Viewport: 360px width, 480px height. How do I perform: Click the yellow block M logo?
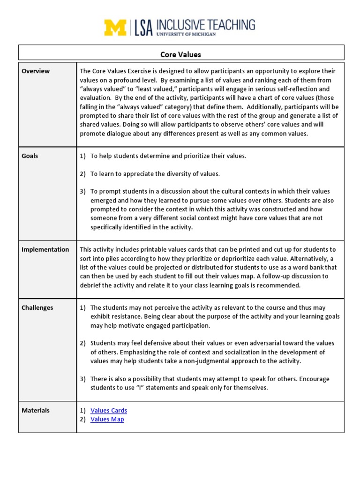pyautogui.click(x=115, y=28)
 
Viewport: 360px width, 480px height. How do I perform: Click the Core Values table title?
pyautogui.click(x=180, y=54)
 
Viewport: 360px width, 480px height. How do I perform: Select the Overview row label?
pyautogui.click(x=36, y=71)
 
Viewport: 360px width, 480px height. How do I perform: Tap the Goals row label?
pyautogui.click(x=30, y=156)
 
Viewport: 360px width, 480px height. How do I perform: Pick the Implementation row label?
pyautogui.click(x=45, y=249)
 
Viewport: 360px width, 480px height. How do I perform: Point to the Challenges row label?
pyautogui.click(x=37, y=307)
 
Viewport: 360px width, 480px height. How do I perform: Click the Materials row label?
pyautogui.click(x=36, y=410)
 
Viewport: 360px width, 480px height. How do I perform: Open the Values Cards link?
pyautogui.click(x=109, y=410)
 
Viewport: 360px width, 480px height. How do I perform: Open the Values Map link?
pyautogui.click(x=107, y=419)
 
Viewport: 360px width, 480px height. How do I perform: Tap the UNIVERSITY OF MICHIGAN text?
pyautogui.click(x=186, y=35)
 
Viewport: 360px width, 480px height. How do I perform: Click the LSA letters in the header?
pyautogui.click(x=143, y=28)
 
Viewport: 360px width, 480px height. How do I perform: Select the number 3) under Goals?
pyautogui.click(x=83, y=191)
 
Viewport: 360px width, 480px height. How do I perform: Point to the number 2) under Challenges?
pyautogui.click(x=83, y=343)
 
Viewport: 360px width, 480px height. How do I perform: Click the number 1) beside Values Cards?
pyautogui.click(x=83, y=410)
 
